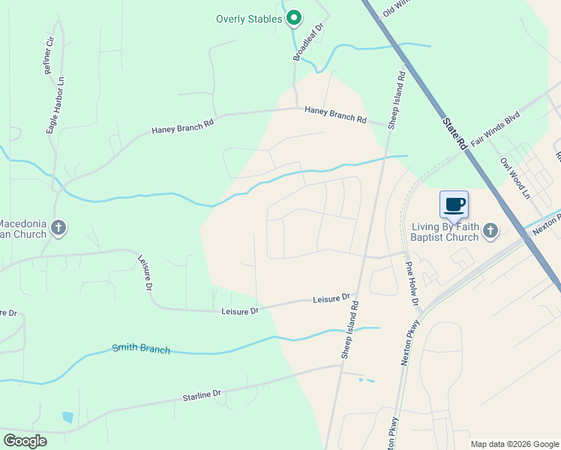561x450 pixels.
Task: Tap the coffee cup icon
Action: tap(454, 205)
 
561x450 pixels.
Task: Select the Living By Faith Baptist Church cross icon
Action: tap(490, 229)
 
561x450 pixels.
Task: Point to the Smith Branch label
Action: tap(141, 349)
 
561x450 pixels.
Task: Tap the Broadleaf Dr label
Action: tap(307, 42)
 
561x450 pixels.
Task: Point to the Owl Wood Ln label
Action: tap(515, 178)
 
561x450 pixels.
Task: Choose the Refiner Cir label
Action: tap(49, 55)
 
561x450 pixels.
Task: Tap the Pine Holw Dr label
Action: tap(412, 286)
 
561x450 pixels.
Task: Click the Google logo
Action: tap(25, 441)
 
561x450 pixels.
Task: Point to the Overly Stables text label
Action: tap(249, 19)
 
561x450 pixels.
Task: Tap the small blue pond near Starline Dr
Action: tap(68, 417)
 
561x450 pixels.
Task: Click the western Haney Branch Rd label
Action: tap(183, 129)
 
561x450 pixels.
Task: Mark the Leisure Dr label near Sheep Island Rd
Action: tap(331, 299)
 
